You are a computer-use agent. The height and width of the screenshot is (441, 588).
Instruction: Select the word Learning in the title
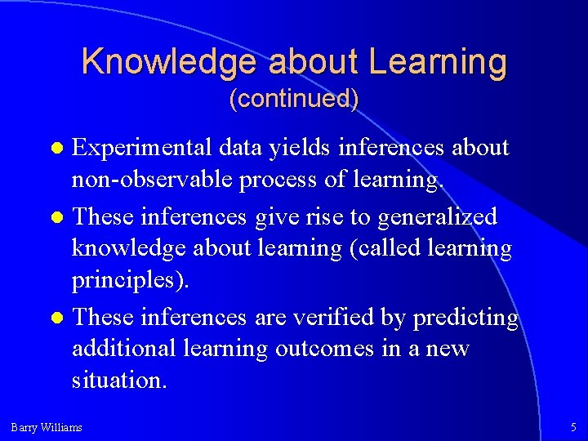coord(438,62)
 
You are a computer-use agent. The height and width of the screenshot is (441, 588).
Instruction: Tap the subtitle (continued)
coord(294,99)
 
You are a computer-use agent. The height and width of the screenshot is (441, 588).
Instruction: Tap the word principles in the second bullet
coord(130,280)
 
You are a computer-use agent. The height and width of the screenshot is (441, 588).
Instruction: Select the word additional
coord(123,349)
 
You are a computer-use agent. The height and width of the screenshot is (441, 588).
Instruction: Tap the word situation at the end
coord(119,380)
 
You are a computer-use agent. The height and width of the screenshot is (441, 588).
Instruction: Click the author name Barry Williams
coord(47,427)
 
